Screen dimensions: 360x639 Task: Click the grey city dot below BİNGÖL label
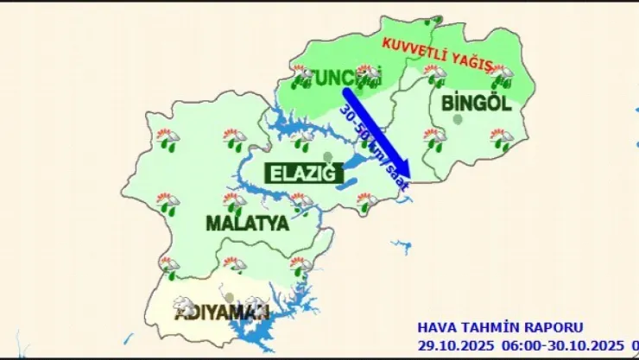(456, 119)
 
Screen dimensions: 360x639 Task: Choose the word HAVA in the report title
(436, 327)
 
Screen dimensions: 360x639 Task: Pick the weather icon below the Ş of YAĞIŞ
(501, 77)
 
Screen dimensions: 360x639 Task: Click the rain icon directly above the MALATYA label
(233, 202)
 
